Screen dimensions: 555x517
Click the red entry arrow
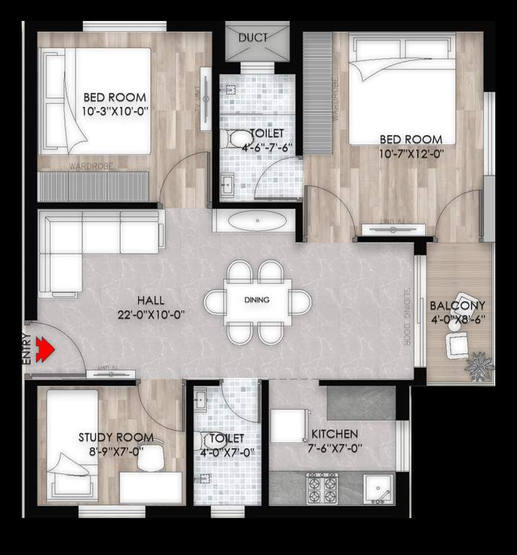click(x=46, y=350)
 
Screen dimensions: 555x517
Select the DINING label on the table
click(x=257, y=299)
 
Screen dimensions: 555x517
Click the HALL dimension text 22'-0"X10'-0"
click(x=150, y=314)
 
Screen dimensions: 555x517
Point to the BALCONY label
click(x=457, y=306)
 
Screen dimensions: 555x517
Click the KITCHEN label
click(x=334, y=434)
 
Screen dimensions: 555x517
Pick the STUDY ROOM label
click(x=116, y=437)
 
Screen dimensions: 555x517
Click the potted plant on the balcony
click(x=479, y=366)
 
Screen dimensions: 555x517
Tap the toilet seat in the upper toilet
click(x=236, y=137)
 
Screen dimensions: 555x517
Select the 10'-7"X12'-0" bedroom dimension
click(x=410, y=152)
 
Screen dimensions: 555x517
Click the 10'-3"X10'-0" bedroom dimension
click(x=114, y=111)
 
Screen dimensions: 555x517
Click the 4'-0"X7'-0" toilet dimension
click(x=224, y=452)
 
